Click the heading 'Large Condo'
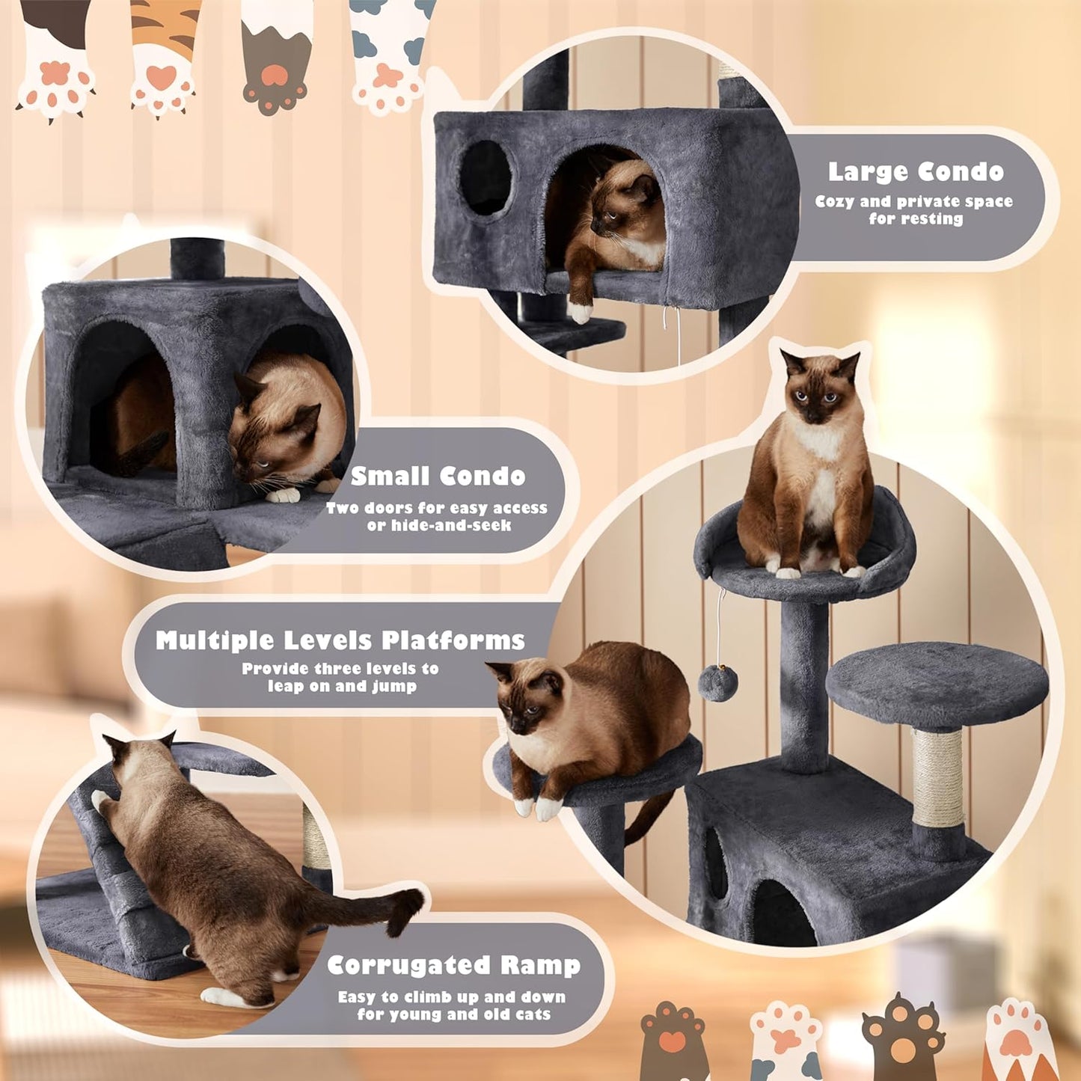pos(915,172)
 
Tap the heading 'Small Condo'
pos(438,477)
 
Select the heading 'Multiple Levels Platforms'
pos(340,641)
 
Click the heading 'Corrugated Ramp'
pos(453,965)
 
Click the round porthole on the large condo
pos(486,178)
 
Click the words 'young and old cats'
pos(477,1014)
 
